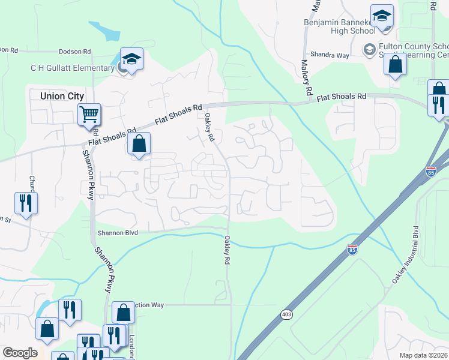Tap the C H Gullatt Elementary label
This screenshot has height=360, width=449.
click(73, 68)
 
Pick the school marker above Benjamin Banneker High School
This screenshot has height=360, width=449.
click(382, 17)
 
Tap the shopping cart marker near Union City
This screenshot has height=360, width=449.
click(89, 113)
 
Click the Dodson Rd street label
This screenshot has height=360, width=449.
click(75, 52)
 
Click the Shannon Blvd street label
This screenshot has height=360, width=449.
click(118, 233)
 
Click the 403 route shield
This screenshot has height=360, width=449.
click(287, 314)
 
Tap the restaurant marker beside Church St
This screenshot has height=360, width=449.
click(26, 202)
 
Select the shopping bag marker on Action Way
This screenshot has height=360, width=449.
click(123, 313)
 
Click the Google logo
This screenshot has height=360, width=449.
click(20, 353)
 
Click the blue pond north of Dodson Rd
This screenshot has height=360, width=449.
click(105, 30)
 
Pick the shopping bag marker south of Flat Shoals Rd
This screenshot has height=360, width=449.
click(139, 144)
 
